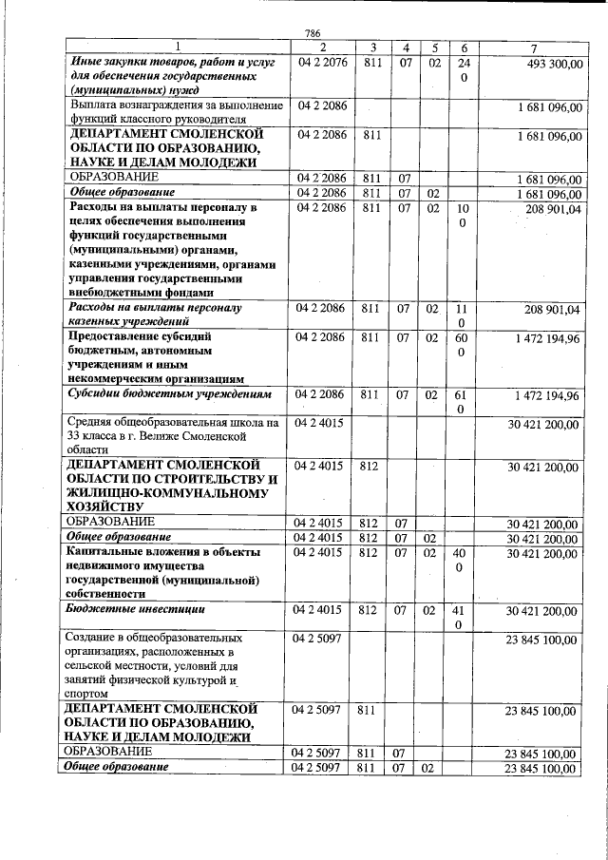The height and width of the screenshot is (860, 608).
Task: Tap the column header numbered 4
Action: (x=405, y=48)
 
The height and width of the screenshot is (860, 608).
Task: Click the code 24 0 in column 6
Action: (x=465, y=69)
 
